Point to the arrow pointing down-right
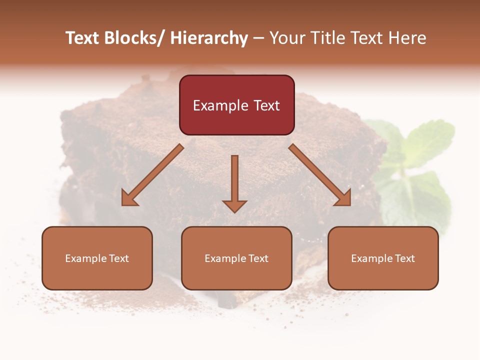320,175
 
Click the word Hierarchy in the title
209,38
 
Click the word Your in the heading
287,38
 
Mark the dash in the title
258,38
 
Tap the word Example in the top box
220,105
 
